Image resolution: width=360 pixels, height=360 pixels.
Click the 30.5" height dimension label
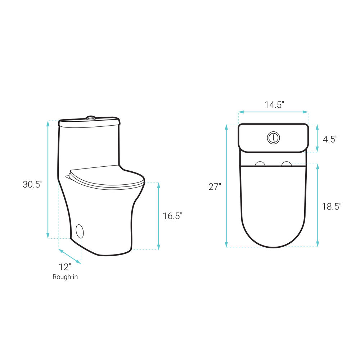click(33, 184)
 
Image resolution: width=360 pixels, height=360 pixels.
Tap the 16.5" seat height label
click(173, 216)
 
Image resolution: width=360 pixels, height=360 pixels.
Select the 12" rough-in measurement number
click(65, 267)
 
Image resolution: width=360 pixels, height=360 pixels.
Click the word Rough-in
click(65, 277)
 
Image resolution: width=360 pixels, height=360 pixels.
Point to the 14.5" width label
click(274, 105)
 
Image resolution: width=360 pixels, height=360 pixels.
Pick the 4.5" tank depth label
click(330, 139)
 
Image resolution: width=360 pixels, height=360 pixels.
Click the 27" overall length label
click(215, 187)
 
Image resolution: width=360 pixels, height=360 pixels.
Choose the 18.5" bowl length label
click(332, 207)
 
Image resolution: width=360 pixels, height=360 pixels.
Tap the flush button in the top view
click(273, 138)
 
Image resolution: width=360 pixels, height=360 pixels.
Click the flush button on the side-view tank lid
click(91, 118)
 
